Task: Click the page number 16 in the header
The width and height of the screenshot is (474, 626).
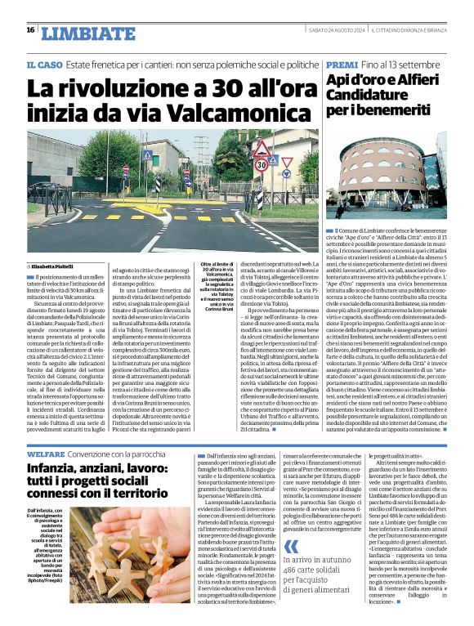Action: pos(29,30)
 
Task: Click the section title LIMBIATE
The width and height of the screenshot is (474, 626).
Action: pos(88,34)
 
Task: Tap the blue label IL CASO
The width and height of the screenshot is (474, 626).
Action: pos(44,65)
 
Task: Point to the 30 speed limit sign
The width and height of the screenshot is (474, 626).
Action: pos(262,163)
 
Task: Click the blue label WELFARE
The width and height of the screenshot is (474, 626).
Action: pos(46,452)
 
